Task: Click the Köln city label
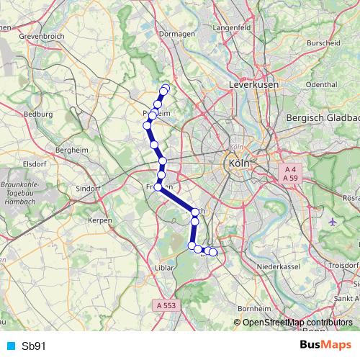point(238,163)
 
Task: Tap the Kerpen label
point(94,219)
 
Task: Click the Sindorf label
point(89,188)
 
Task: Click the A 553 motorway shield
point(166,306)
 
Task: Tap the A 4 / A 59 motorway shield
point(289,172)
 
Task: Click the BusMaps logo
point(325,345)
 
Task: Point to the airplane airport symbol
point(332,222)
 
